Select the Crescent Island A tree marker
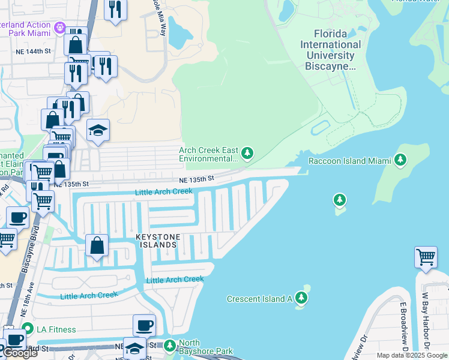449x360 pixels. pos(301,298)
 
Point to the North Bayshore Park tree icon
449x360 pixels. pos(170,345)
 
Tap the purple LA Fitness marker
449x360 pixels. pos(27,329)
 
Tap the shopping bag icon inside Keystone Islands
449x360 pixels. pos(97,245)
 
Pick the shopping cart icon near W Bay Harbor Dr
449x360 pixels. pos(426,257)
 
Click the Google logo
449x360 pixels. pos(20,353)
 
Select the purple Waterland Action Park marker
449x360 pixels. pos(59,28)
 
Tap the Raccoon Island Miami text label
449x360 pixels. pos(349,161)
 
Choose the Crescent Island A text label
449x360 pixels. pos(259,299)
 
